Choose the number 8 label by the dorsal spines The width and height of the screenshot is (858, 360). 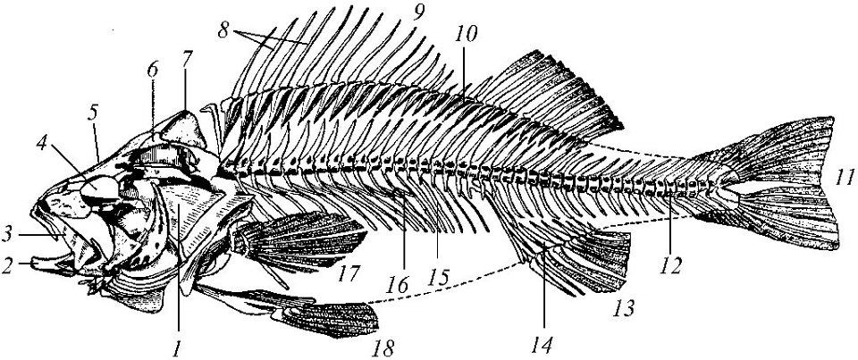point(223,30)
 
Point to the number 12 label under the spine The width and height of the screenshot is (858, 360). point(670,266)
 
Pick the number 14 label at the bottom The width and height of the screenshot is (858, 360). point(544,345)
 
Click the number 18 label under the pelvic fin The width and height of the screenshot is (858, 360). point(383,347)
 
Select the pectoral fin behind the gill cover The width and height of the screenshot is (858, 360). point(301,240)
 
